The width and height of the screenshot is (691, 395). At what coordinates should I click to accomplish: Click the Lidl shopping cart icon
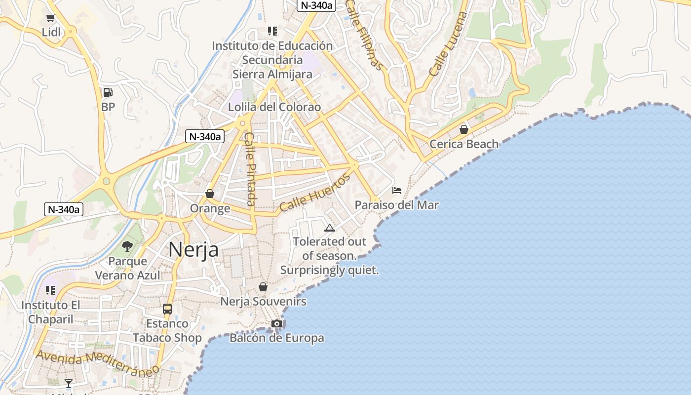(50, 18)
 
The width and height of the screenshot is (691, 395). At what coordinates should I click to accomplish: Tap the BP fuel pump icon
(108, 92)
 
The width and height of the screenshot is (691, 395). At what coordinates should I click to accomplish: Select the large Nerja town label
(193, 249)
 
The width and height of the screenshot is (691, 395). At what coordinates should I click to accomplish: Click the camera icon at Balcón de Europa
(277, 323)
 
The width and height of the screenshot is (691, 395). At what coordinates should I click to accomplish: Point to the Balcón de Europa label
(277, 338)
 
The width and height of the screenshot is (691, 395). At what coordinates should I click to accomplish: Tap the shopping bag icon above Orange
(210, 194)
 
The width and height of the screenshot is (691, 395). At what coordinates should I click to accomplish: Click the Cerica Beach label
(464, 144)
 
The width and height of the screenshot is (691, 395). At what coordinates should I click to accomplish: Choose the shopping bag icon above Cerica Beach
(464, 129)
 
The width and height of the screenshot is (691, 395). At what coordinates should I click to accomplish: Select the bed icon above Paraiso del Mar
(397, 190)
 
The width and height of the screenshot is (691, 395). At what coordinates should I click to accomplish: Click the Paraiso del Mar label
(397, 205)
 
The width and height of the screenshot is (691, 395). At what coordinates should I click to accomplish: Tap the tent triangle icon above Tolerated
(330, 228)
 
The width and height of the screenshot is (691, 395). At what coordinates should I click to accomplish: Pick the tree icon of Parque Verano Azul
(127, 246)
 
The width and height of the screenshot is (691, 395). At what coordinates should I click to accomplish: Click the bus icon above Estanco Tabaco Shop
(167, 309)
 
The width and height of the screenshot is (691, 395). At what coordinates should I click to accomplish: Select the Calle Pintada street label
(250, 169)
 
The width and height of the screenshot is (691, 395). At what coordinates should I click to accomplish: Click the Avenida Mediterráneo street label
(98, 363)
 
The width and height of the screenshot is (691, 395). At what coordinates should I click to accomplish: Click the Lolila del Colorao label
(274, 107)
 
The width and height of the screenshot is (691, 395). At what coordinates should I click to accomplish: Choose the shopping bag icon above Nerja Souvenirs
(263, 287)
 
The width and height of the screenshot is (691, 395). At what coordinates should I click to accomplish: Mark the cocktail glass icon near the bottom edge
(69, 383)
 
